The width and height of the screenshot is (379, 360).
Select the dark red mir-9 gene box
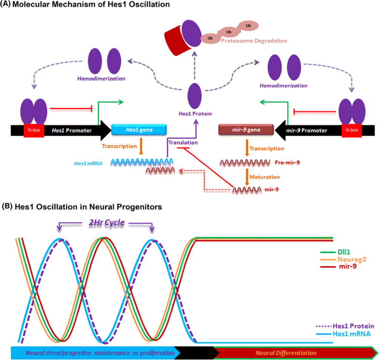pyautogui.click(x=244, y=130)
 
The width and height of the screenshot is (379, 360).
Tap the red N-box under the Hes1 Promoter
pyautogui.click(x=33, y=130)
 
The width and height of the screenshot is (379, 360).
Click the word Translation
pyautogui.click(x=182, y=143)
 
